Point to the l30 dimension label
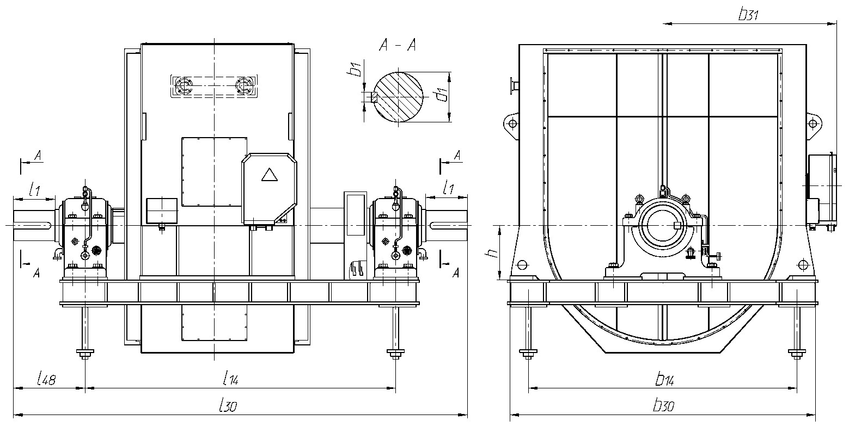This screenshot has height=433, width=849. [x=228, y=405]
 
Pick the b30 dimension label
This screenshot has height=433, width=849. [x=662, y=406]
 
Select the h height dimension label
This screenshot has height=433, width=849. [x=492, y=253]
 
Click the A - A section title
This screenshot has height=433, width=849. [x=398, y=46]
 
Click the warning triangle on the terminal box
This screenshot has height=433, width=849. [x=270, y=175]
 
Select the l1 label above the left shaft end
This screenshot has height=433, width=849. [x=34, y=190]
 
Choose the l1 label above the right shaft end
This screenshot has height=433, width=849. [x=449, y=188]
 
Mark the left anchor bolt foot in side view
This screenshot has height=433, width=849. [x=85, y=355]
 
